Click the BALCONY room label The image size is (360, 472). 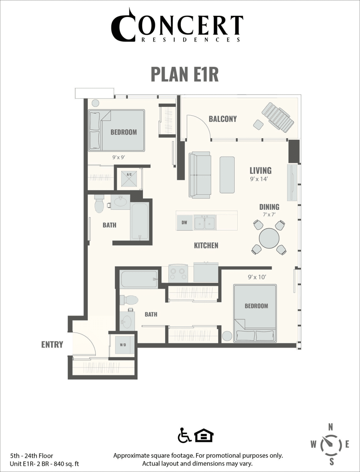point(223,119)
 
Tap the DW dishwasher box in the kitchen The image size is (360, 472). point(184,223)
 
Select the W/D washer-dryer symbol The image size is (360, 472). point(123,345)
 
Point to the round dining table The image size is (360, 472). point(269,238)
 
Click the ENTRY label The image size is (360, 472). point(52,344)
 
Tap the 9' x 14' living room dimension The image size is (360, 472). point(258,179)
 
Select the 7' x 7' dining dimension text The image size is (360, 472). point(269,214)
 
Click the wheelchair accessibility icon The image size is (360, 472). point(184,435)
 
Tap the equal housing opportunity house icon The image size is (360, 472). point(204,435)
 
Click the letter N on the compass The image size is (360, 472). point(331,427)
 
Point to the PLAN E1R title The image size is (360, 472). point(185,74)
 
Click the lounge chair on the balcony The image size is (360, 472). point(277,117)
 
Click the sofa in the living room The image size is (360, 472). point(200,175)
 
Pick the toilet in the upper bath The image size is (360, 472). point(99,204)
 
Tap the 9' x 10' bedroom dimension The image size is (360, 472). point(257,277)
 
